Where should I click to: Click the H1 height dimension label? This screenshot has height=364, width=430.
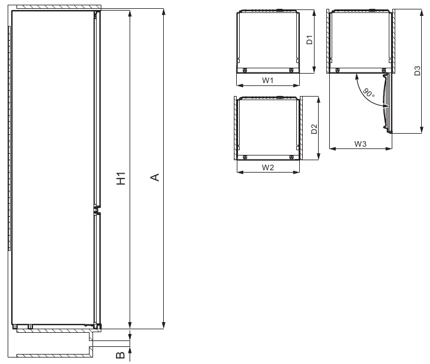coord(120,178)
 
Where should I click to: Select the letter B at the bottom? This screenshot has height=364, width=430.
coord(120,355)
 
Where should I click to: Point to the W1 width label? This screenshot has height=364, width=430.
coord(267,81)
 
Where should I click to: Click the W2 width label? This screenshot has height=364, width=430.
coord(267,167)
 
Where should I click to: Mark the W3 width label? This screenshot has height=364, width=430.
coord(361,143)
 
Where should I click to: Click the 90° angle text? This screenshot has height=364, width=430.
coord(368,93)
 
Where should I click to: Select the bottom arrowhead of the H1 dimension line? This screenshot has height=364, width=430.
coord(130,324)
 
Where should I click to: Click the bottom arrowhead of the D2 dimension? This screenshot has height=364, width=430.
coord(319,157)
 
